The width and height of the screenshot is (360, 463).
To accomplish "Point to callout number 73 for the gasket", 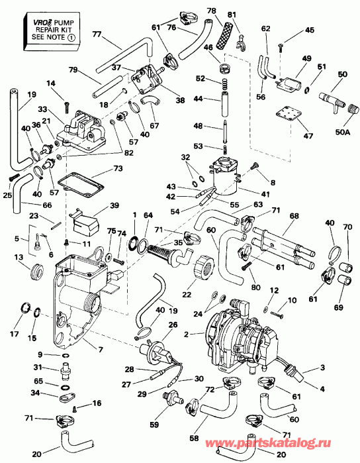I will point(118,168).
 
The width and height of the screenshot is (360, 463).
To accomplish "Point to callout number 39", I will point(114,205).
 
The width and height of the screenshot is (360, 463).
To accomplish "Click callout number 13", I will point(18,257).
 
